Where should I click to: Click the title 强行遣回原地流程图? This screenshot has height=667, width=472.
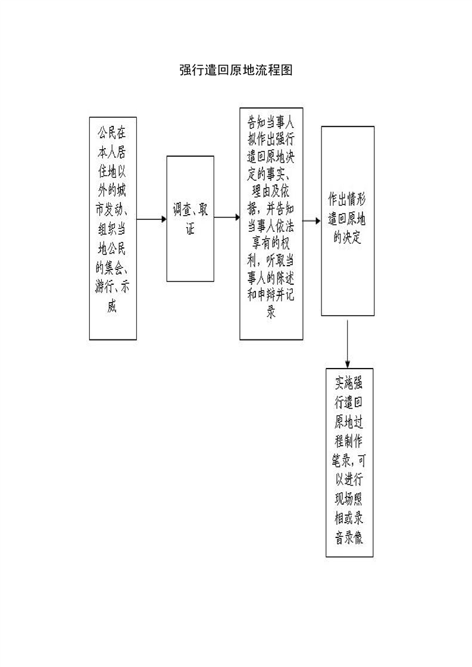[236, 70]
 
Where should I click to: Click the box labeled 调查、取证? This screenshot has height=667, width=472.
[190, 219]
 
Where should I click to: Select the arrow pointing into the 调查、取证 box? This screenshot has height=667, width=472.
[151, 219]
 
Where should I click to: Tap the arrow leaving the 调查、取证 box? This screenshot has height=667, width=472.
[227, 218]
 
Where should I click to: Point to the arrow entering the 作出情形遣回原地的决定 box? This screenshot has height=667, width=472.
[312, 221]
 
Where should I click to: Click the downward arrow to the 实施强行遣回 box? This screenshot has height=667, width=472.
[348, 344]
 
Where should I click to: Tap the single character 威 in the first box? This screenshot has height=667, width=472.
[112, 306]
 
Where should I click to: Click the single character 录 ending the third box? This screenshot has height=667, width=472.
[271, 312]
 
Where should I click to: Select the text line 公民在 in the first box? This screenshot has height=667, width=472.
[112, 133]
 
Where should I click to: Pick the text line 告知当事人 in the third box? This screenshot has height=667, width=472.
[271, 122]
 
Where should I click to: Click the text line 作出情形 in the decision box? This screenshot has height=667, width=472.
[347, 199]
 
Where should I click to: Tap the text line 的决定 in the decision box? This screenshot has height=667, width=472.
[347, 237]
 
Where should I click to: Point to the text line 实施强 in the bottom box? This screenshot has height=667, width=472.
[349, 383]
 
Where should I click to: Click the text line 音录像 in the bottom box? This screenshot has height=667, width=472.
[349, 537]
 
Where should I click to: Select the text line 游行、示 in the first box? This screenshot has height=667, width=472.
[112, 287]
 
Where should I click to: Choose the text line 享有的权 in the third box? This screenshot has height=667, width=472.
[271, 243]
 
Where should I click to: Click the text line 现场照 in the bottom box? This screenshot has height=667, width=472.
[349, 499]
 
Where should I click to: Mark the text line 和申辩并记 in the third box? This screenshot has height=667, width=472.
[271, 294]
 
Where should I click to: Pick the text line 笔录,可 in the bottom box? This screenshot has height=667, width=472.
[349, 460]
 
